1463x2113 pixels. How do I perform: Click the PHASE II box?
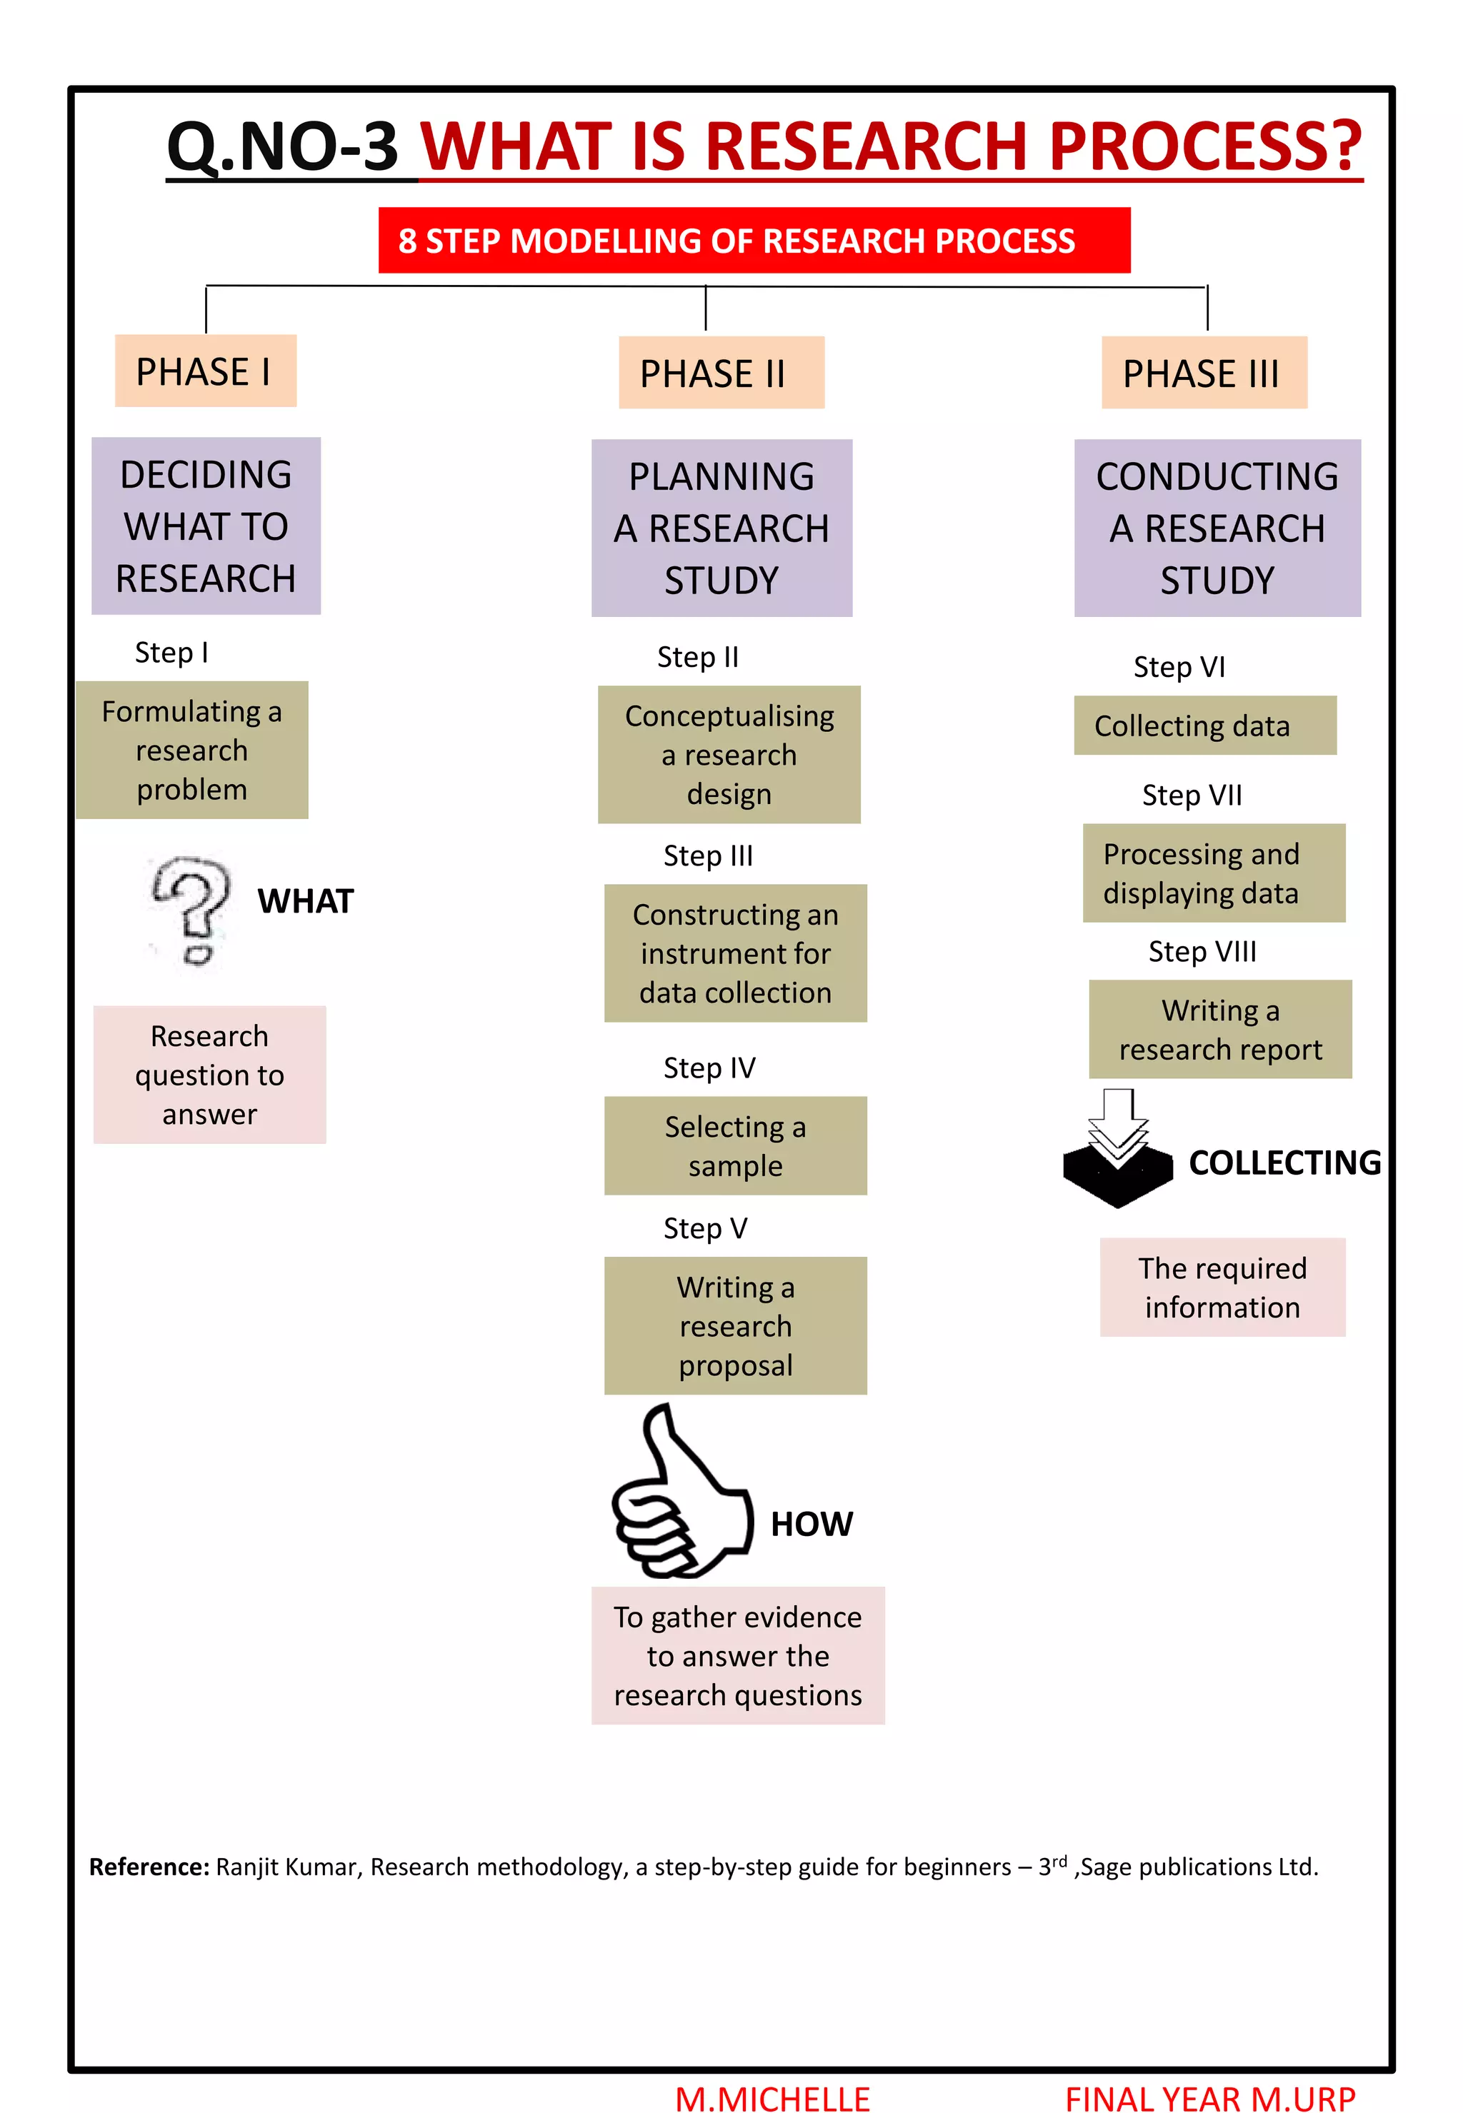[721, 372]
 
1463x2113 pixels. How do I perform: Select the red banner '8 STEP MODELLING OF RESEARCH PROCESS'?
[754, 240]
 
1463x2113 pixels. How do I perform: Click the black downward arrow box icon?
[1117, 1149]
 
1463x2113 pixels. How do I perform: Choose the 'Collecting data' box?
[1204, 725]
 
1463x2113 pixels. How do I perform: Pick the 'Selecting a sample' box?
[735, 1145]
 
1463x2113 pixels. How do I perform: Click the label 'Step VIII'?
[1202, 951]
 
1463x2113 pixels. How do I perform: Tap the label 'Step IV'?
[709, 1068]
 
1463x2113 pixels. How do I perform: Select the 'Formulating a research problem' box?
[191, 750]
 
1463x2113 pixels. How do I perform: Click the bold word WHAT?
[305, 900]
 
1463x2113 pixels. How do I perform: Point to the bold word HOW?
[812, 1524]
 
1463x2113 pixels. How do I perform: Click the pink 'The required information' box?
[1222, 1287]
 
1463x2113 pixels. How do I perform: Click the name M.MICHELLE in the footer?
[772, 2098]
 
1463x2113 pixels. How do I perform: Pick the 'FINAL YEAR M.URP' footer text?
[1209, 2098]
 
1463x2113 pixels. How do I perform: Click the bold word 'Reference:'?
[149, 1867]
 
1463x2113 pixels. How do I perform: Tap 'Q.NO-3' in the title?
[282, 146]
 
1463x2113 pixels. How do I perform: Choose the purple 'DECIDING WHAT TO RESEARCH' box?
[206, 526]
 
